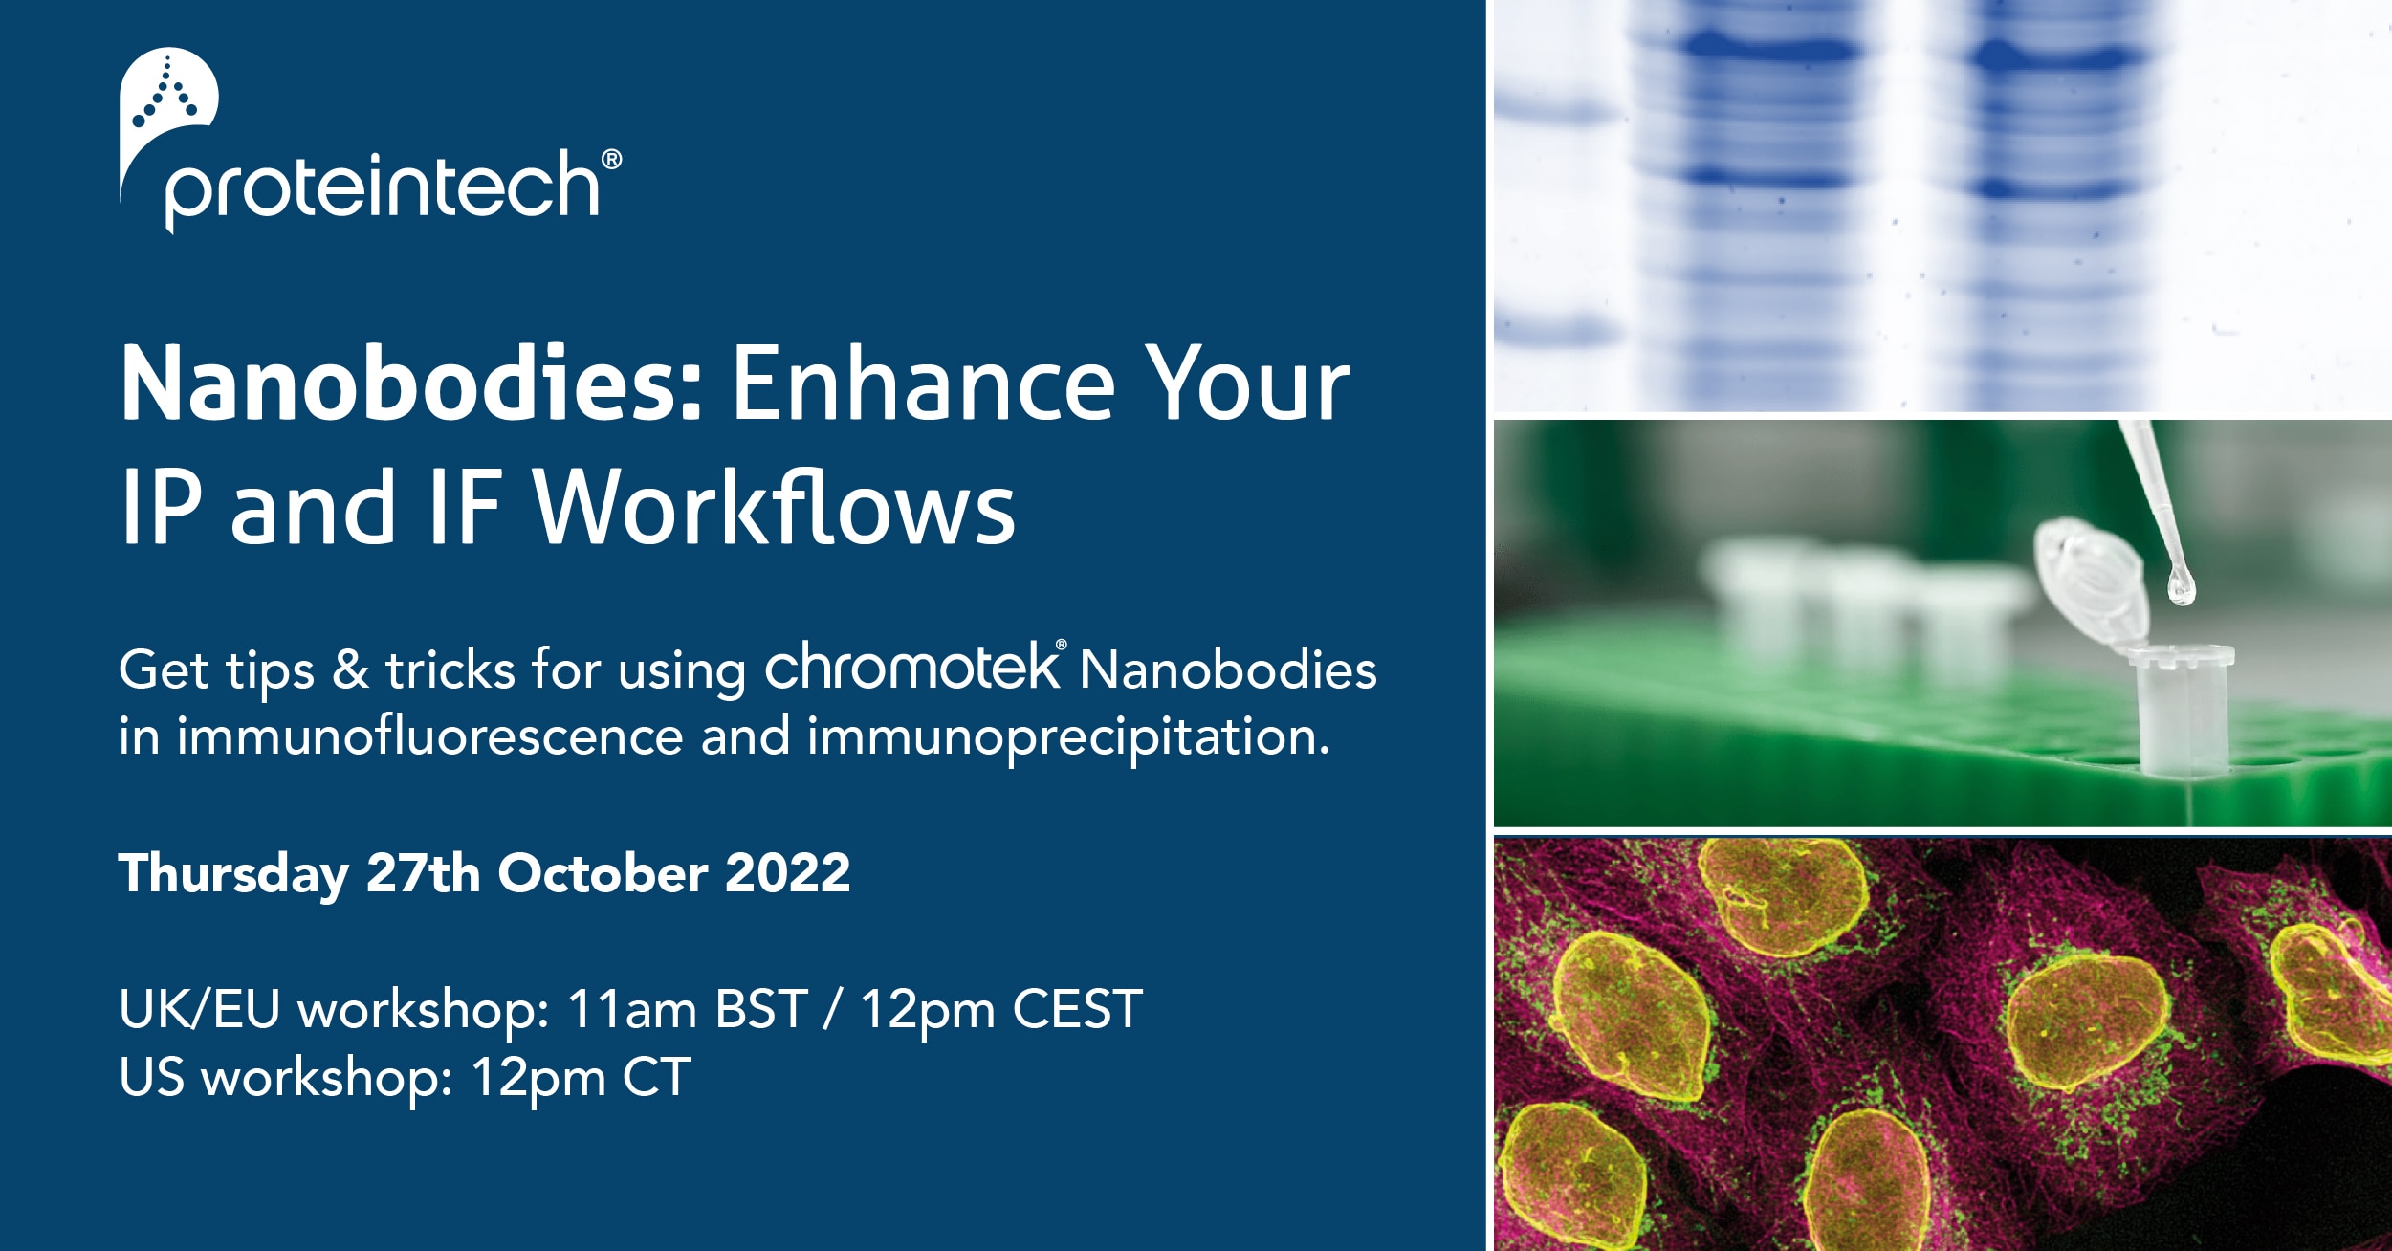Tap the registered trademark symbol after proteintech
tap(611, 159)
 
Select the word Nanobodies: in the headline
tap(412, 385)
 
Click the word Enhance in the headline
tap(924, 385)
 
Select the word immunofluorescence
tap(429, 737)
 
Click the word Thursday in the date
tap(233, 874)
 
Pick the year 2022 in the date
tap(787, 872)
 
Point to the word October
tap(603, 872)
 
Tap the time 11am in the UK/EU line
tap(631, 1009)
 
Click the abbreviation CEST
tap(1078, 1009)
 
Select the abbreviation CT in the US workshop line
tap(656, 1078)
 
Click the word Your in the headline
tap(1247, 385)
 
